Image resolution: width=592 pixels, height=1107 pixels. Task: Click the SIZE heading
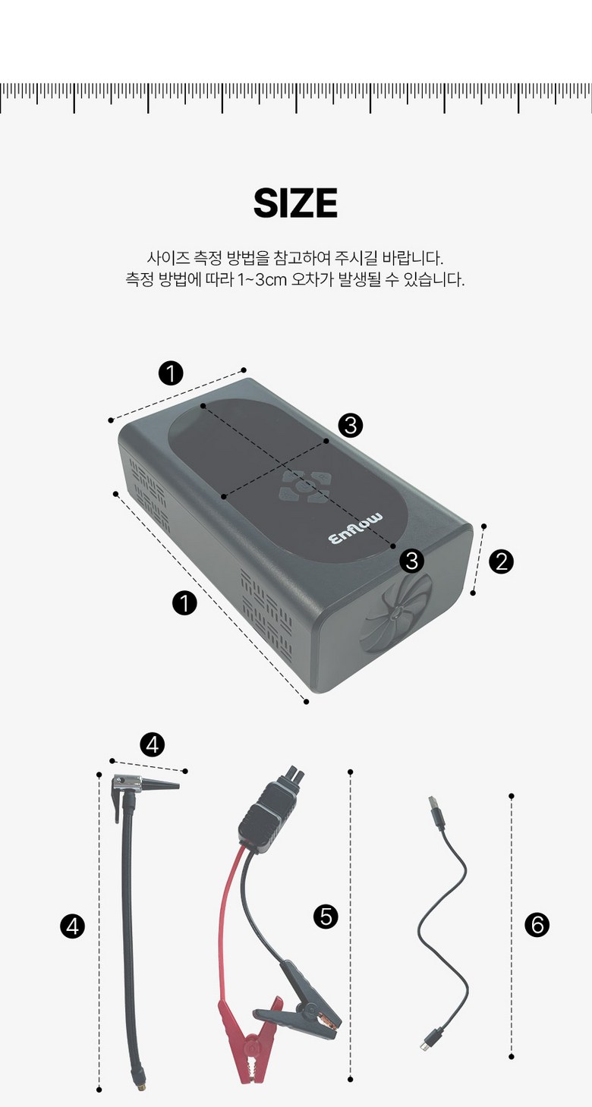click(295, 203)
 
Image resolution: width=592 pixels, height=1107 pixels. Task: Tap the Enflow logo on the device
click(355, 529)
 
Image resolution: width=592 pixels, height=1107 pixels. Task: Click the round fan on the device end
click(397, 613)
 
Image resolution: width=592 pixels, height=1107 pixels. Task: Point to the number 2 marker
click(501, 562)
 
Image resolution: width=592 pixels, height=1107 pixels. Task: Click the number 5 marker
click(326, 917)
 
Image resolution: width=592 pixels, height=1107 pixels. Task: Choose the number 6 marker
click(537, 925)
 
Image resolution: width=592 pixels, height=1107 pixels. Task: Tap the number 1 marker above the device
click(171, 373)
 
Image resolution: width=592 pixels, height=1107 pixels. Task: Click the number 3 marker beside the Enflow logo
click(411, 561)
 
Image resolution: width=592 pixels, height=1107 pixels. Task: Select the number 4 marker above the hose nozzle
click(153, 744)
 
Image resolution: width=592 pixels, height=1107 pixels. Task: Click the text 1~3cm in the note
click(263, 280)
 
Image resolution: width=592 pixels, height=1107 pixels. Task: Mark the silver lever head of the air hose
click(127, 782)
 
